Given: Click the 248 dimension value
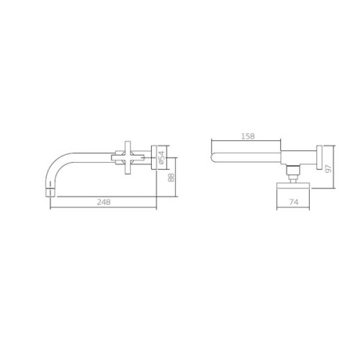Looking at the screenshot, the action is [104, 202].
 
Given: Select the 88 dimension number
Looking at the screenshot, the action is [171, 178].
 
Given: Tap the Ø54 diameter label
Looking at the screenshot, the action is [162, 158].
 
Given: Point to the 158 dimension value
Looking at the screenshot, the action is [248, 136].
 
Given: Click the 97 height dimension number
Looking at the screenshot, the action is [328, 168].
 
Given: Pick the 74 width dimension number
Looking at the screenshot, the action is [294, 202].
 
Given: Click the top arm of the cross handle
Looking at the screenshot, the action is [128, 147].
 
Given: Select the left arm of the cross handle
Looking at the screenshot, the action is [117, 158].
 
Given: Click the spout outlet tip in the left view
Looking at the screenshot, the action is [50, 193].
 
